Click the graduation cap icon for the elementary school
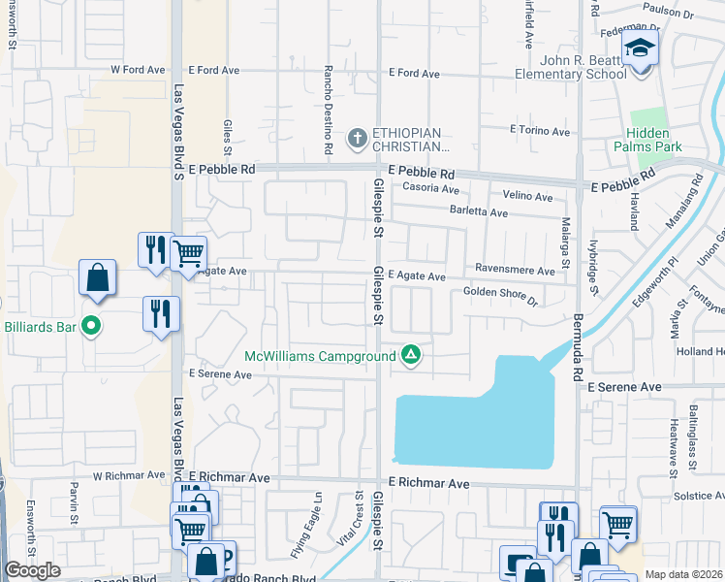(640, 48)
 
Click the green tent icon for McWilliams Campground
(411, 355)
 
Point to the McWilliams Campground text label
(319, 356)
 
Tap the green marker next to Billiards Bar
(91, 326)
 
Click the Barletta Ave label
(477, 212)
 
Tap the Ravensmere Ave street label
(513, 269)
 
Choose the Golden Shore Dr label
(500, 291)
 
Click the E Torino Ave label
(540, 130)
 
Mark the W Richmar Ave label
(129, 475)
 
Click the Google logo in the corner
(32, 570)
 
